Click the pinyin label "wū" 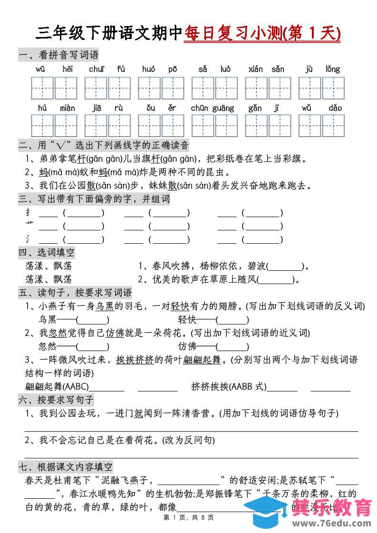(x=40, y=69)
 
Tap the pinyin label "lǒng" (x=333, y=69)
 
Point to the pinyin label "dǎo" (x=335, y=108)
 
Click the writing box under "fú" (x=120, y=88)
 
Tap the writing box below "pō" (x=173, y=88)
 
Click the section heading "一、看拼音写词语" (x=58, y=55)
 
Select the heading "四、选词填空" (x=47, y=252)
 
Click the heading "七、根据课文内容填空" (x=66, y=466)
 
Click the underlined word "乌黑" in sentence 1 (x=105, y=306)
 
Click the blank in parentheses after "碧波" (x=285, y=266)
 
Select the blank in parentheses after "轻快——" (x=232, y=320)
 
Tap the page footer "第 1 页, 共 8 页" (x=189, y=517)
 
